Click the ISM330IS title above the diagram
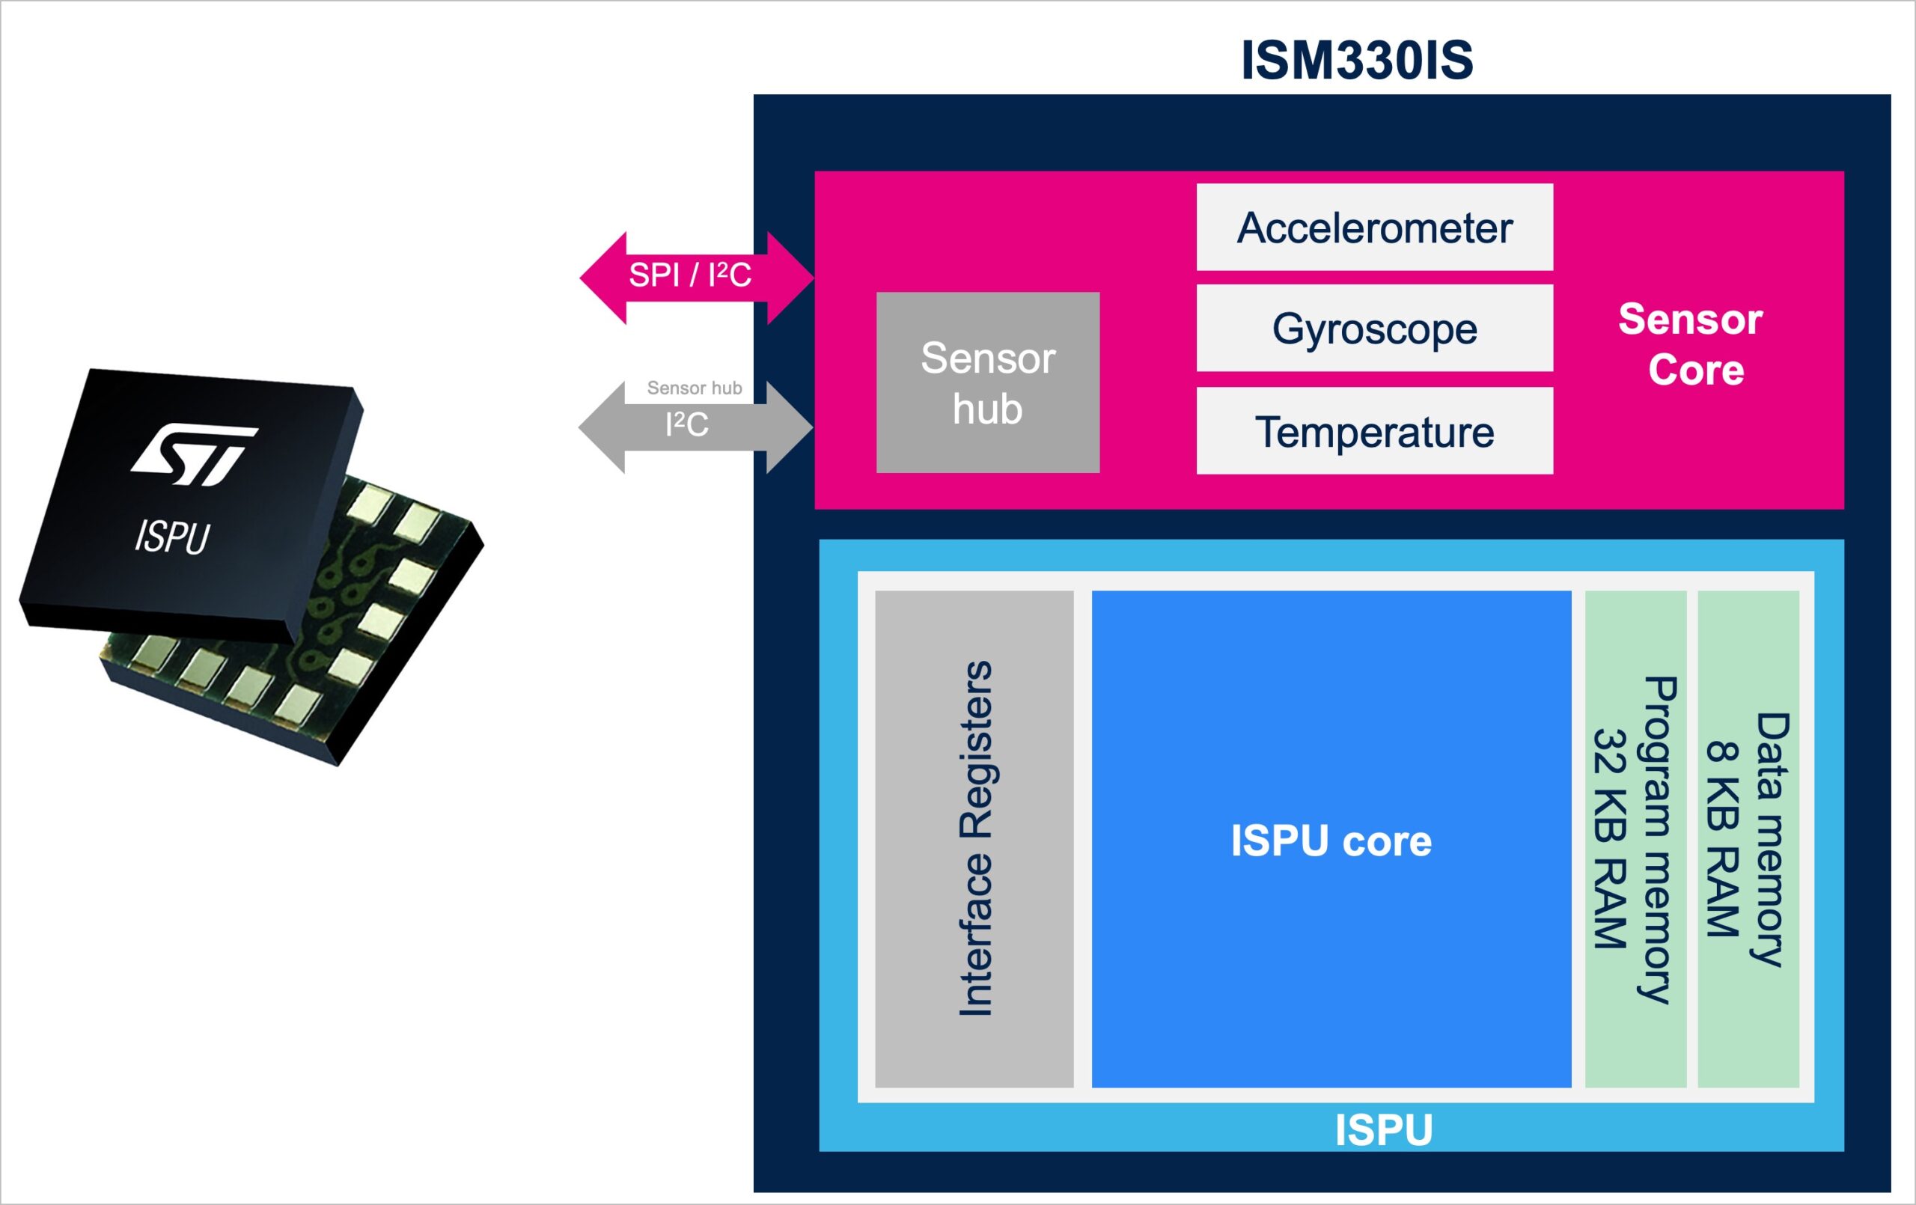1357,61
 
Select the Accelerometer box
1374,228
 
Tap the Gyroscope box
1374,328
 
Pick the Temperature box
1374,431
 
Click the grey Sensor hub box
987,382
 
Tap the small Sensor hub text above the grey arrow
694,388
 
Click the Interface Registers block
974,839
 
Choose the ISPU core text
1331,841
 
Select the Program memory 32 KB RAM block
1635,839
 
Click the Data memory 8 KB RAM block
1748,839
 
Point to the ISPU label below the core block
1384,1129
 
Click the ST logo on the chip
193,454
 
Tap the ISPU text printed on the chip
172,537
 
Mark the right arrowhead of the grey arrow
789,427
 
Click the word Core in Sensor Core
1696,370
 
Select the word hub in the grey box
987,409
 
